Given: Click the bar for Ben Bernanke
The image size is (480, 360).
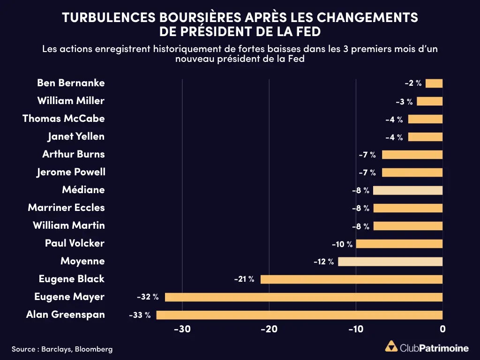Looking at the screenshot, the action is [x=434, y=83].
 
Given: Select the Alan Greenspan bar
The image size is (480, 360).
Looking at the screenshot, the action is [x=300, y=315].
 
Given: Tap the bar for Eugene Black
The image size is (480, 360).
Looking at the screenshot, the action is [x=352, y=279].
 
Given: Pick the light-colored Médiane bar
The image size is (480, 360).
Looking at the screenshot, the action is [x=408, y=190].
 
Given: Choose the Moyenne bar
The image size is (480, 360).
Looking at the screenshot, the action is [x=390, y=262].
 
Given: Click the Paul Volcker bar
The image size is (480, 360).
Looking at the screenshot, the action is [x=399, y=244].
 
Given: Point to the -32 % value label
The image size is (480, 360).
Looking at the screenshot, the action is [x=148, y=297].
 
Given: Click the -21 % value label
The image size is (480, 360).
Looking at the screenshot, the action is [x=244, y=279].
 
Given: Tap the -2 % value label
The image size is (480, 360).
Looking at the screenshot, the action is [x=413, y=83].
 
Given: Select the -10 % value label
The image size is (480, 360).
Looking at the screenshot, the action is [x=342, y=244].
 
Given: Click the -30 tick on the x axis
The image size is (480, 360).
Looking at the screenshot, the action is [x=182, y=329].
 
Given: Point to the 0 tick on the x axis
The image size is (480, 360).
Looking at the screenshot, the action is [x=442, y=329].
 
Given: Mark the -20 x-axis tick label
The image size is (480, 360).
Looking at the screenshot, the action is [x=269, y=329].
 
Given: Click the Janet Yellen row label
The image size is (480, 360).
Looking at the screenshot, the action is [x=76, y=136].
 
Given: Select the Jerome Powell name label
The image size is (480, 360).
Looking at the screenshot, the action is [x=71, y=172].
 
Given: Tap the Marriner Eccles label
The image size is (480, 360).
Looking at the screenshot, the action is [x=67, y=208].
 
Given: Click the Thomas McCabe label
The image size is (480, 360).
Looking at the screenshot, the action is [x=64, y=119].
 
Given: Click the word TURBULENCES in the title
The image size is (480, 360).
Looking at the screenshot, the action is [x=109, y=17].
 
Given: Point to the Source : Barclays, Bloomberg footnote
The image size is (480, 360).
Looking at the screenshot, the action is [x=62, y=349].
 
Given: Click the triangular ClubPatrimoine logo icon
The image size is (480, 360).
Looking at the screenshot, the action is [x=391, y=346].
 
